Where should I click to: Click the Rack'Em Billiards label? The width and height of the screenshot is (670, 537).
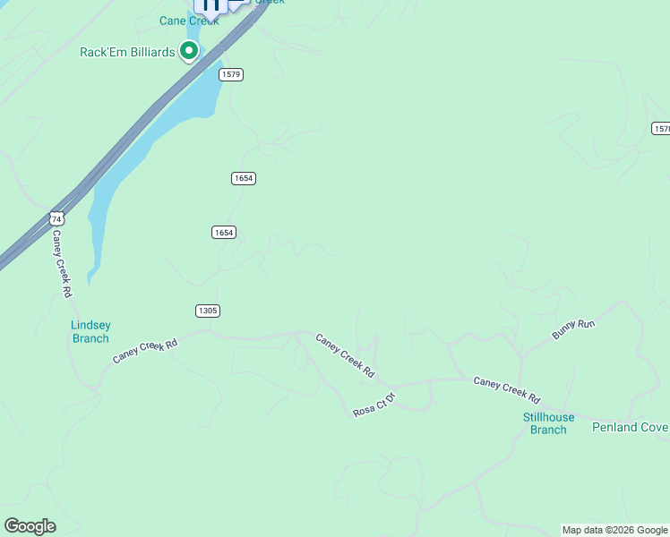point(127,52)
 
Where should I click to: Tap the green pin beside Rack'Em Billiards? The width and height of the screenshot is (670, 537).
point(189,52)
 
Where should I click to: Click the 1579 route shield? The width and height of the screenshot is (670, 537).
point(230,74)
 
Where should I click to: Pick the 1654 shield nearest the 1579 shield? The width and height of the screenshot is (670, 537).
point(244,178)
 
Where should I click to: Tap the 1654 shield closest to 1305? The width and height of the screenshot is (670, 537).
point(224,232)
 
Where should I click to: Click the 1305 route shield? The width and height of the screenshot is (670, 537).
point(207,311)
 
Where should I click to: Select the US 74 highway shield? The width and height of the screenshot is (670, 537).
point(57,218)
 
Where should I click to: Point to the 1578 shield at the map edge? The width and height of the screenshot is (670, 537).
point(661,129)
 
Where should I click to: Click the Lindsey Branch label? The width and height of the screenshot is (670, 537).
point(90,331)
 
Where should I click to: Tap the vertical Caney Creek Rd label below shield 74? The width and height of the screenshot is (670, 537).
point(61,263)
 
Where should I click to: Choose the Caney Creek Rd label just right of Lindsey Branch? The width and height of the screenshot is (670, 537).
point(145,350)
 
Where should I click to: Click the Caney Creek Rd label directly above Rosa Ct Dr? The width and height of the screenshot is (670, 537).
point(345,355)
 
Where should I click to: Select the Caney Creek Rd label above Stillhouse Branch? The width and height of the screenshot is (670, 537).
point(507,390)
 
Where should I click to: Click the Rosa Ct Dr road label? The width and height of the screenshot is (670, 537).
point(374,404)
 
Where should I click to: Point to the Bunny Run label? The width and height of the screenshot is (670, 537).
point(573,329)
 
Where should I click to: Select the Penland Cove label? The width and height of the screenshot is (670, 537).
point(630,427)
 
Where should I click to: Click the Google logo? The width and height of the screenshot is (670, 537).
point(30,526)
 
